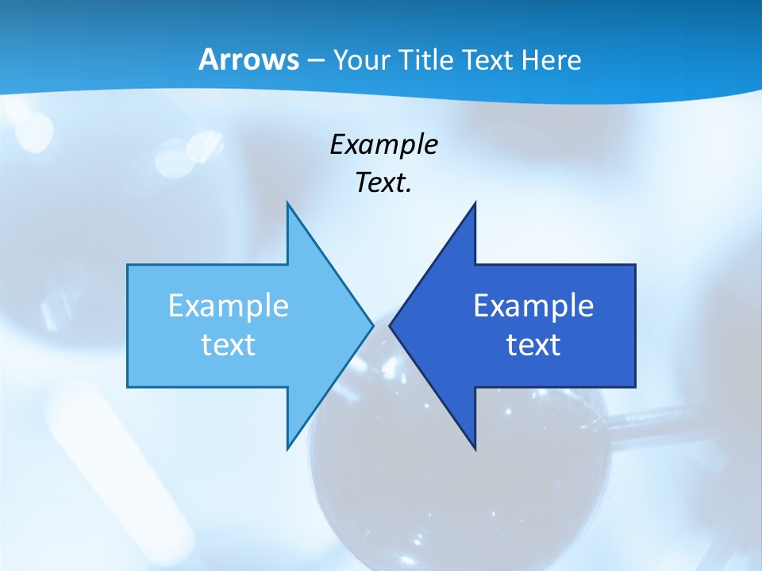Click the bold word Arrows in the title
pos(248,60)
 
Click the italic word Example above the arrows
pos(383,144)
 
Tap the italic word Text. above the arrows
pos(383,183)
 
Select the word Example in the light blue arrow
pos(229,305)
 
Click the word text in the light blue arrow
pos(229,344)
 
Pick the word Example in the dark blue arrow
pos(533,305)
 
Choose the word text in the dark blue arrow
pos(533,344)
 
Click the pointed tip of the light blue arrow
pos(373,325)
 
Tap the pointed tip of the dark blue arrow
pos(390,325)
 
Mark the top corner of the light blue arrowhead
pos(287,202)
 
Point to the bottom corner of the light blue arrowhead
pos(287,449)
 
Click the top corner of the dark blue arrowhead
pos(475,202)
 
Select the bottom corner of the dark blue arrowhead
pos(475,449)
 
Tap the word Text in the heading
pos(487,60)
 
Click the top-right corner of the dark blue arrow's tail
pos(635,265)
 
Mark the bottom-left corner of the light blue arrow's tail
pos(128,386)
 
